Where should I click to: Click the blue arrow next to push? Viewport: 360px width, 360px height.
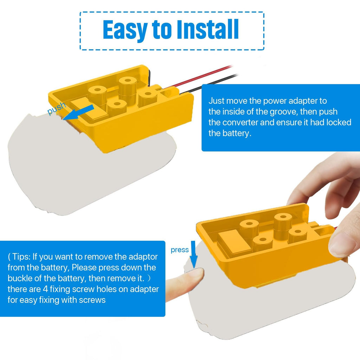78,112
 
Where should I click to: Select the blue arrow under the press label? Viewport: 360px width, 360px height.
194,254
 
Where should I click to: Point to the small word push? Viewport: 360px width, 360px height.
57,108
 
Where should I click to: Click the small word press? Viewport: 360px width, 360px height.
180,250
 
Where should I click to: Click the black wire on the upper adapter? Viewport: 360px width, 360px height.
208,84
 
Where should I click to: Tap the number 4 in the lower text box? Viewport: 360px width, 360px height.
45,289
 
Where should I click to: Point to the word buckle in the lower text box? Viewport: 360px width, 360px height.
20,278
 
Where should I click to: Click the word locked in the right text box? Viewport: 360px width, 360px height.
339,122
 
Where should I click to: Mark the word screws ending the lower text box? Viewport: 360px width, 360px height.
92,300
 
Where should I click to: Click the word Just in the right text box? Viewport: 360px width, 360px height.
217,101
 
